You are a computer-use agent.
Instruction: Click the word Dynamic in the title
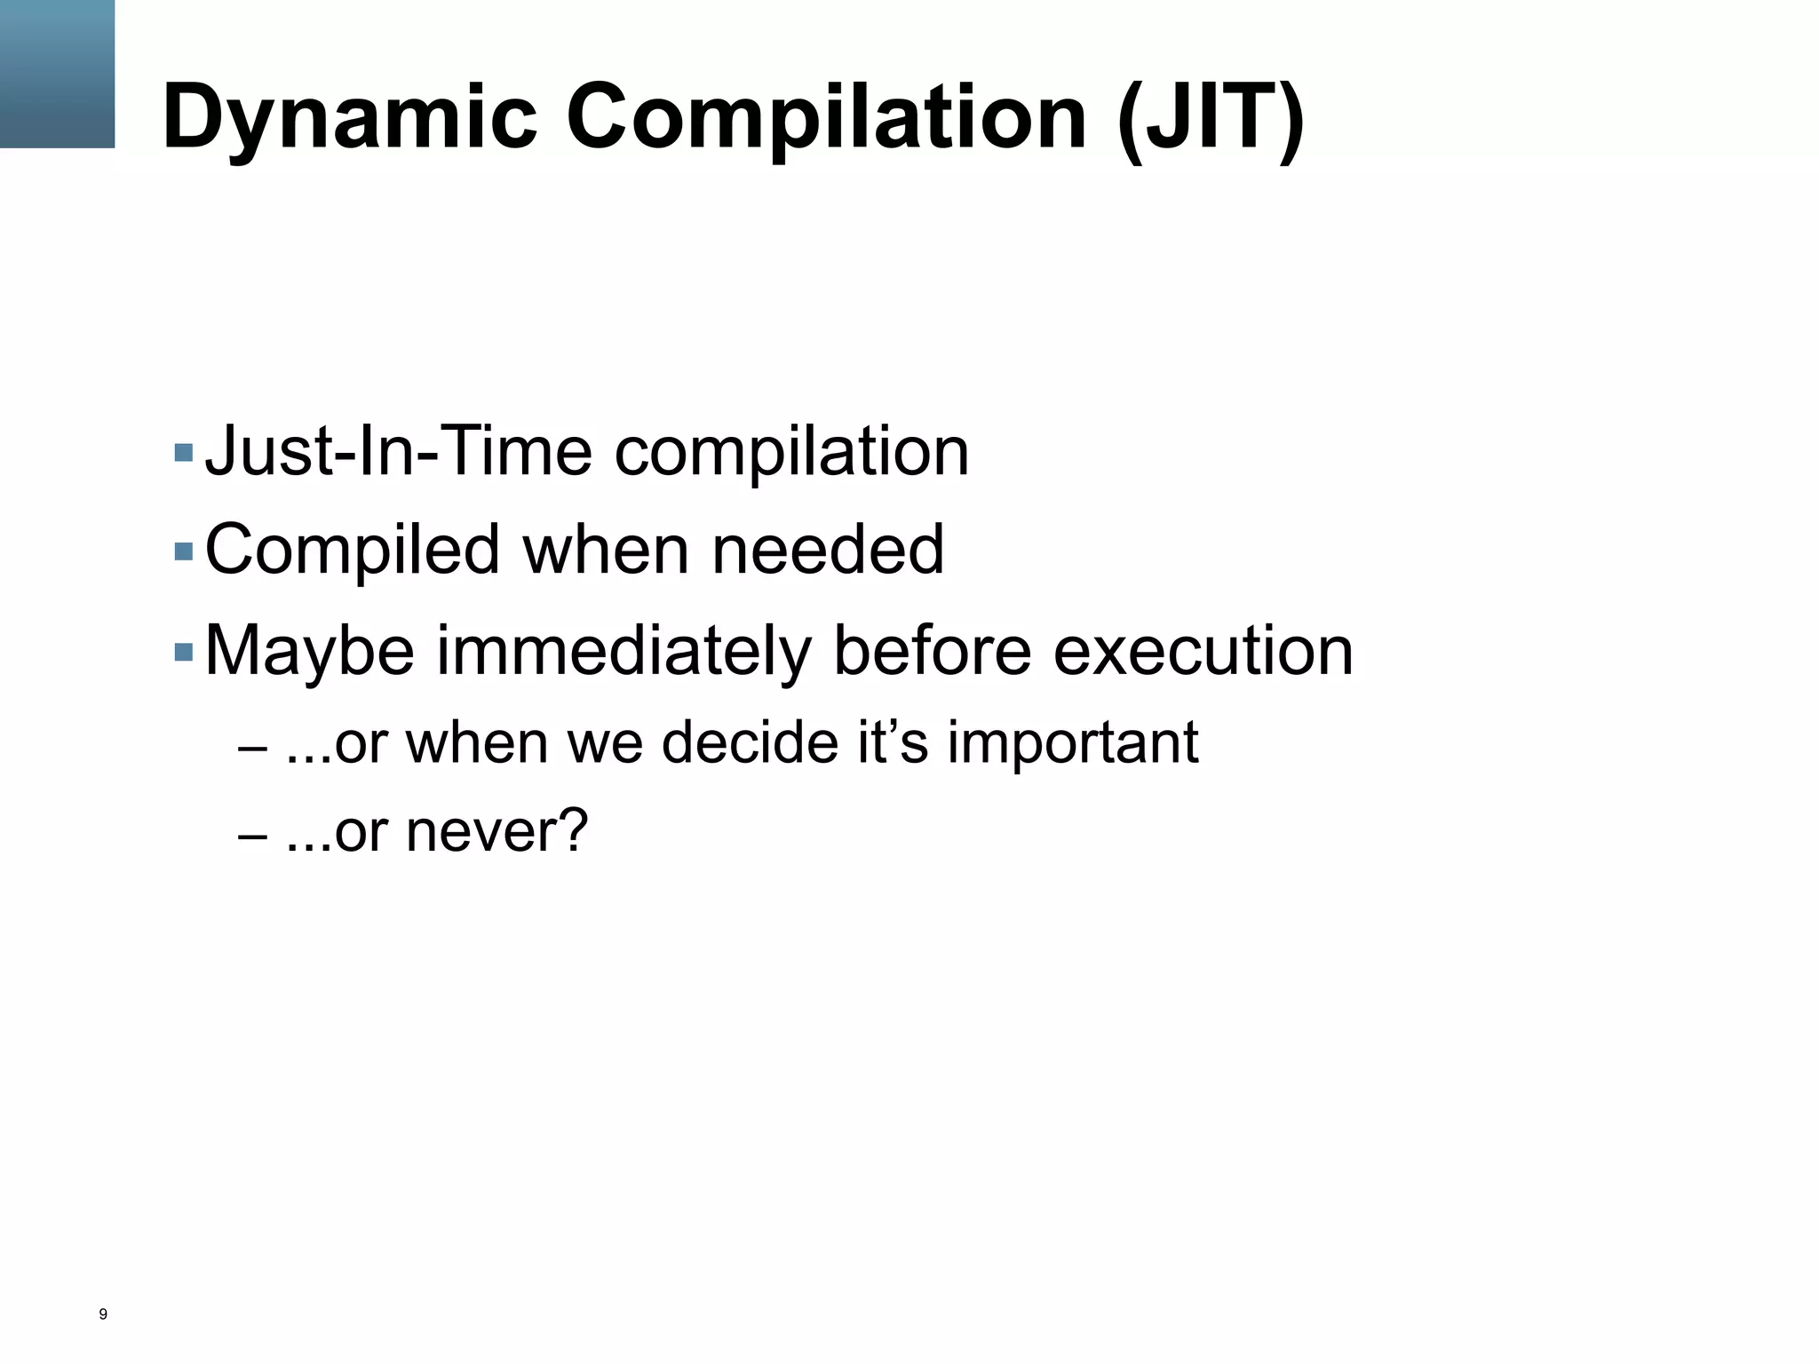point(349,117)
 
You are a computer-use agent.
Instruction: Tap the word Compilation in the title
point(826,117)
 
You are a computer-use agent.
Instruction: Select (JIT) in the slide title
point(1211,117)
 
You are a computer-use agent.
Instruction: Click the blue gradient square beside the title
point(57,74)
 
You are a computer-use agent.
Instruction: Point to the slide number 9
point(103,1314)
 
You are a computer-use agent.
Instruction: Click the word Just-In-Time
point(398,451)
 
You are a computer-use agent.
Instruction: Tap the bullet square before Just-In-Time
point(184,453)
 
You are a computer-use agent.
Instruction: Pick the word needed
point(828,549)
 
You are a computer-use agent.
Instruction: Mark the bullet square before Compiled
point(184,552)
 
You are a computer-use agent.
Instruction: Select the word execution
point(1203,650)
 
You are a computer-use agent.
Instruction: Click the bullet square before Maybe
point(184,653)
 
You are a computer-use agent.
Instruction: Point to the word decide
point(750,742)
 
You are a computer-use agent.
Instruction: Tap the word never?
point(496,832)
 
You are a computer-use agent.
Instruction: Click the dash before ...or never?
point(252,837)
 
